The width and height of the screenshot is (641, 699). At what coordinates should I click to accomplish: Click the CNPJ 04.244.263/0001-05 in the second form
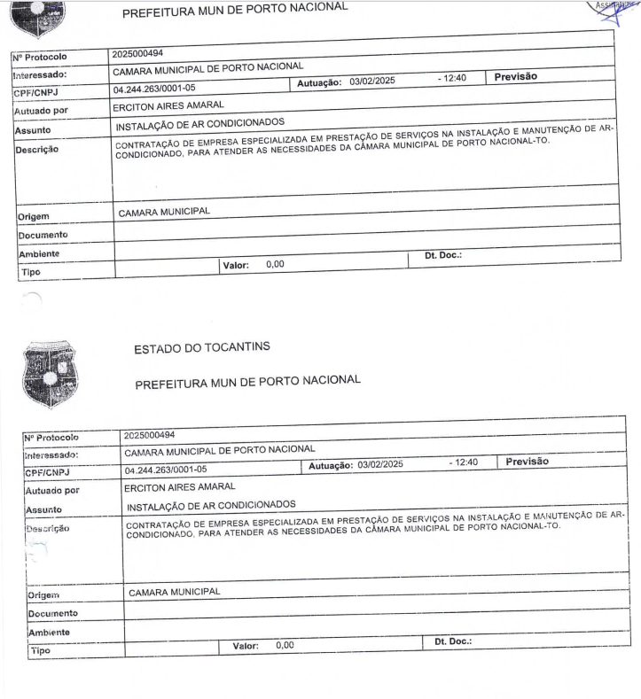point(166,470)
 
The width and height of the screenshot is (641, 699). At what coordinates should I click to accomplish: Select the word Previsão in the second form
point(528,462)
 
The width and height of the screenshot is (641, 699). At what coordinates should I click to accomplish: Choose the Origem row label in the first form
point(33,216)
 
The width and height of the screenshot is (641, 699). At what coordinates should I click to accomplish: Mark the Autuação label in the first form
point(317,82)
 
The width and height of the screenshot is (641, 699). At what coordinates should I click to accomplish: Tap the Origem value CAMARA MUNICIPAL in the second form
point(174,591)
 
